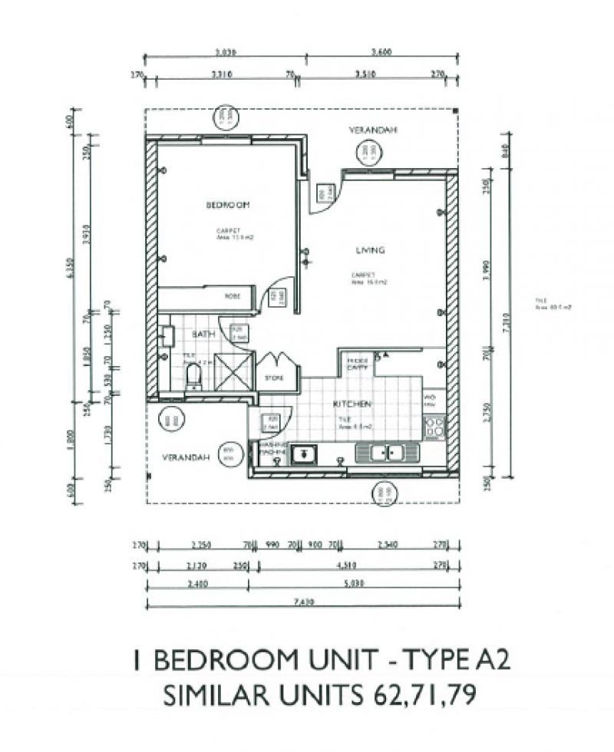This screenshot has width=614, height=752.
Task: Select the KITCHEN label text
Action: (352, 404)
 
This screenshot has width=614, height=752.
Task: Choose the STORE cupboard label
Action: (275, 378)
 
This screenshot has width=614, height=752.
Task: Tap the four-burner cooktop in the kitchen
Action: (435, 425)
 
